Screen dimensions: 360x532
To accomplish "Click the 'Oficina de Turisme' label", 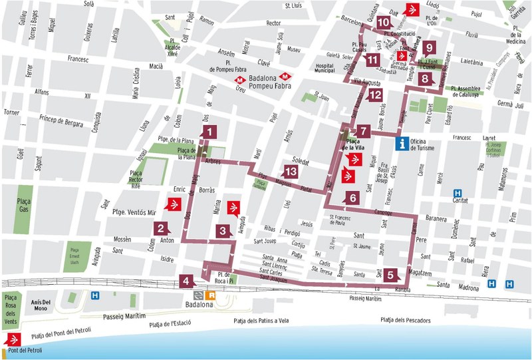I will [x=428, y=148].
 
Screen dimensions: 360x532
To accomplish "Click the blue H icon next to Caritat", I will [x=458, y=192].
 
